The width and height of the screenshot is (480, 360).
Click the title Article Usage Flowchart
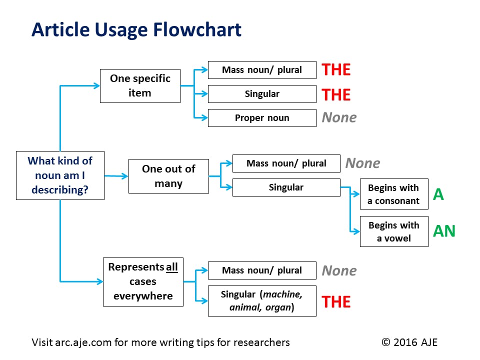tap(136, 30)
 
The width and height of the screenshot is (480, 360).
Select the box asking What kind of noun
tap(60, 175)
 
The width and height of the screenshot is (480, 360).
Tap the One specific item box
tap(140, 86)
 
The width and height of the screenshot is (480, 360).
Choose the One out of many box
tap(168, 176)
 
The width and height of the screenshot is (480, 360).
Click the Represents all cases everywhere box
tap(143, 281)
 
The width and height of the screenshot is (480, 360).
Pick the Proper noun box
tap(262, 118)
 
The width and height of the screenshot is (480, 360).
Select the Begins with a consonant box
tap(394, 194)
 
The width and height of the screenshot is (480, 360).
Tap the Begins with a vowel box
tap(394, 231)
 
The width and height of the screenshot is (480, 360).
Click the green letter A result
tap(438, 194)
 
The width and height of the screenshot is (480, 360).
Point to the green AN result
tap(444, 231)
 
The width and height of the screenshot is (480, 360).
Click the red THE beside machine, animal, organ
tap(336, 302)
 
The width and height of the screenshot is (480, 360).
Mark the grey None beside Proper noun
tap(339, 118)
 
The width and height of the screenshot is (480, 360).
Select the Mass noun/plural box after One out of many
tap(286, 163)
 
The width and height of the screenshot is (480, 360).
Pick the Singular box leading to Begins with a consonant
tap(286, 187)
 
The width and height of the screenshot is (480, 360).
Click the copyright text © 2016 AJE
tap(409, 342)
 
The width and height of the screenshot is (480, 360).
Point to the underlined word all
tap(172, 267)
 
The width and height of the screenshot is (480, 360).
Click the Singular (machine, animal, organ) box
tap(262, 300)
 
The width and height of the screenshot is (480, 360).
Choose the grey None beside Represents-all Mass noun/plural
tap(339, 271)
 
